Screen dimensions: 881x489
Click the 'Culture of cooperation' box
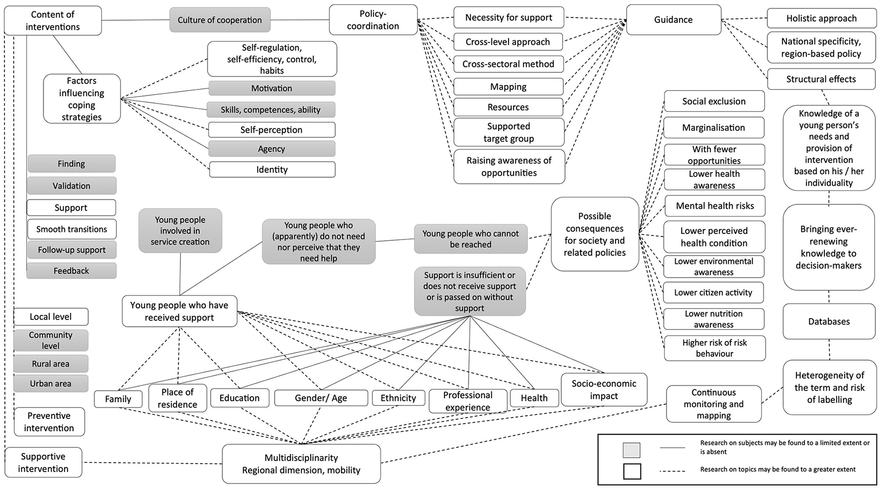(x=220, y=20)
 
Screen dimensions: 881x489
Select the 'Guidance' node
(x=673, y=20)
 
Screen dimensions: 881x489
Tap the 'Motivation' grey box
(x=271, y=88)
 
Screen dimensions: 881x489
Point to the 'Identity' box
(x=272, y=169)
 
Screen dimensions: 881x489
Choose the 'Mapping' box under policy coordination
(x=508, y=86)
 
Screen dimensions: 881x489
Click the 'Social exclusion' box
(x=714, y=101)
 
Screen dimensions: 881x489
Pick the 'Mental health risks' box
(x=714, y=206)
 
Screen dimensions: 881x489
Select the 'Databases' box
(x=829, y=322)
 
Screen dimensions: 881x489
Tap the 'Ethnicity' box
(x=398, y=398)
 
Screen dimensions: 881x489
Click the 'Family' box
(x=118, y=399)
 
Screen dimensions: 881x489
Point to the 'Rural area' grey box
(x=51, y=364)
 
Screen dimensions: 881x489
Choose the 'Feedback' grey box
(x=71, y=271)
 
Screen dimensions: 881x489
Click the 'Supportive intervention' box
(x=43, y=462)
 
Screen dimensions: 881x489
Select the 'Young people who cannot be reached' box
(x=470, y=239)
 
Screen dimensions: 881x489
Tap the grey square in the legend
(x=631, y=450)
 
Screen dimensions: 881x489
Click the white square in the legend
(x=632, y=471)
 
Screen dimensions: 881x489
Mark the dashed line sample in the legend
(x=672, y=471)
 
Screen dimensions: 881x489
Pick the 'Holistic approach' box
(x=821, y=18)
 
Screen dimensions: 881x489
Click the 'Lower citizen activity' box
(x=713, y=293)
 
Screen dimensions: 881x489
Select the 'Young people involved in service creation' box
(x=180, y=231)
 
